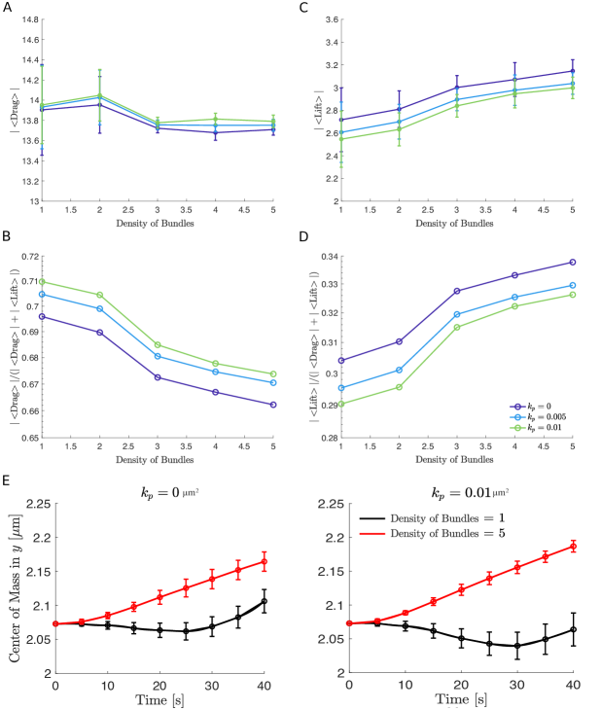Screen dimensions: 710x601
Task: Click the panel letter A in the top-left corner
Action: (x=8, y=7)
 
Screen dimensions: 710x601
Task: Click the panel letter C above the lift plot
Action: (x=304, y=7)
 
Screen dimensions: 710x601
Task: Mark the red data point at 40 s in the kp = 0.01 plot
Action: (x=573, y=547)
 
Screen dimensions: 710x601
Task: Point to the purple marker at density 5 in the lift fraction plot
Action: (x=573, y=262)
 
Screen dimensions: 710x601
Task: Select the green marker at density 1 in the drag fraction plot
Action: (x=41, y=282)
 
